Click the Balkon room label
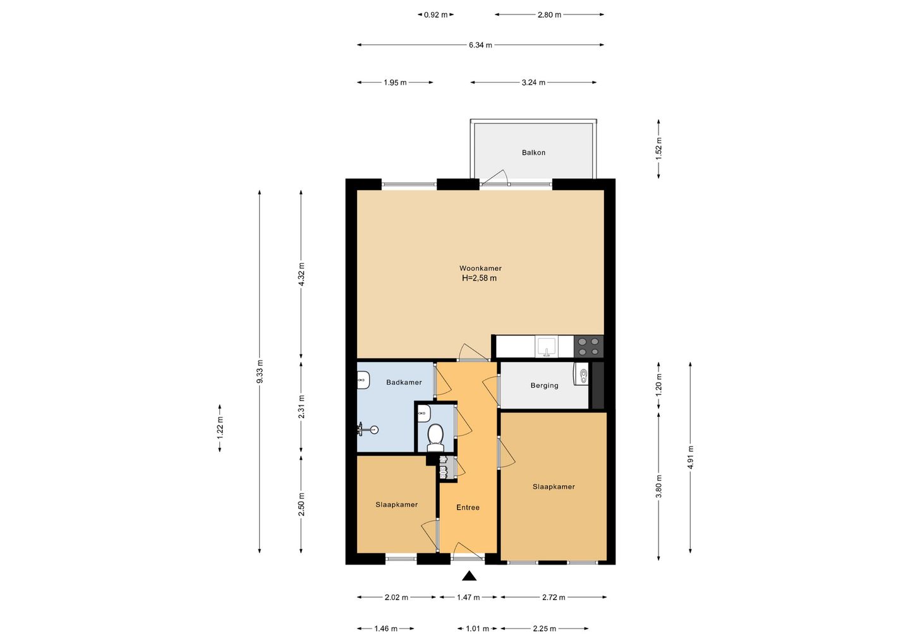533,153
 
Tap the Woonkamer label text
480,268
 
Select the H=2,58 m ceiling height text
480,278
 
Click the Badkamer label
404,382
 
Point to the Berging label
544,385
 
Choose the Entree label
468,507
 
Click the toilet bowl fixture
435,438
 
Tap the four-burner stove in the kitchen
589,347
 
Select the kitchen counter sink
547,347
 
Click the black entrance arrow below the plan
469,575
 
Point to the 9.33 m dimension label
260,371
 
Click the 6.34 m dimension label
480,45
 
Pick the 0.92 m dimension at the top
435,15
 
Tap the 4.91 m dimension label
690,457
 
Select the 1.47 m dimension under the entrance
468,597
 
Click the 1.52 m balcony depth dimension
658,148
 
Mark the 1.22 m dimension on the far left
220,428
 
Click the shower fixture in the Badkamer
367,429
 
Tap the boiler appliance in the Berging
581,373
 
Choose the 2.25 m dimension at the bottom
544,629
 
